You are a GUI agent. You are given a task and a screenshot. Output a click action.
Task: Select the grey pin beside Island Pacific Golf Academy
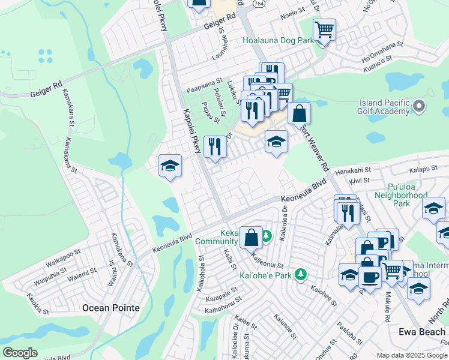click(419, 107)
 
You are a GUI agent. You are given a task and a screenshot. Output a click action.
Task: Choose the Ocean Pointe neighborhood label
click(110, 308)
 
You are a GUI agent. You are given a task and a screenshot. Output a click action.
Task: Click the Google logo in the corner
click(19, 353)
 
